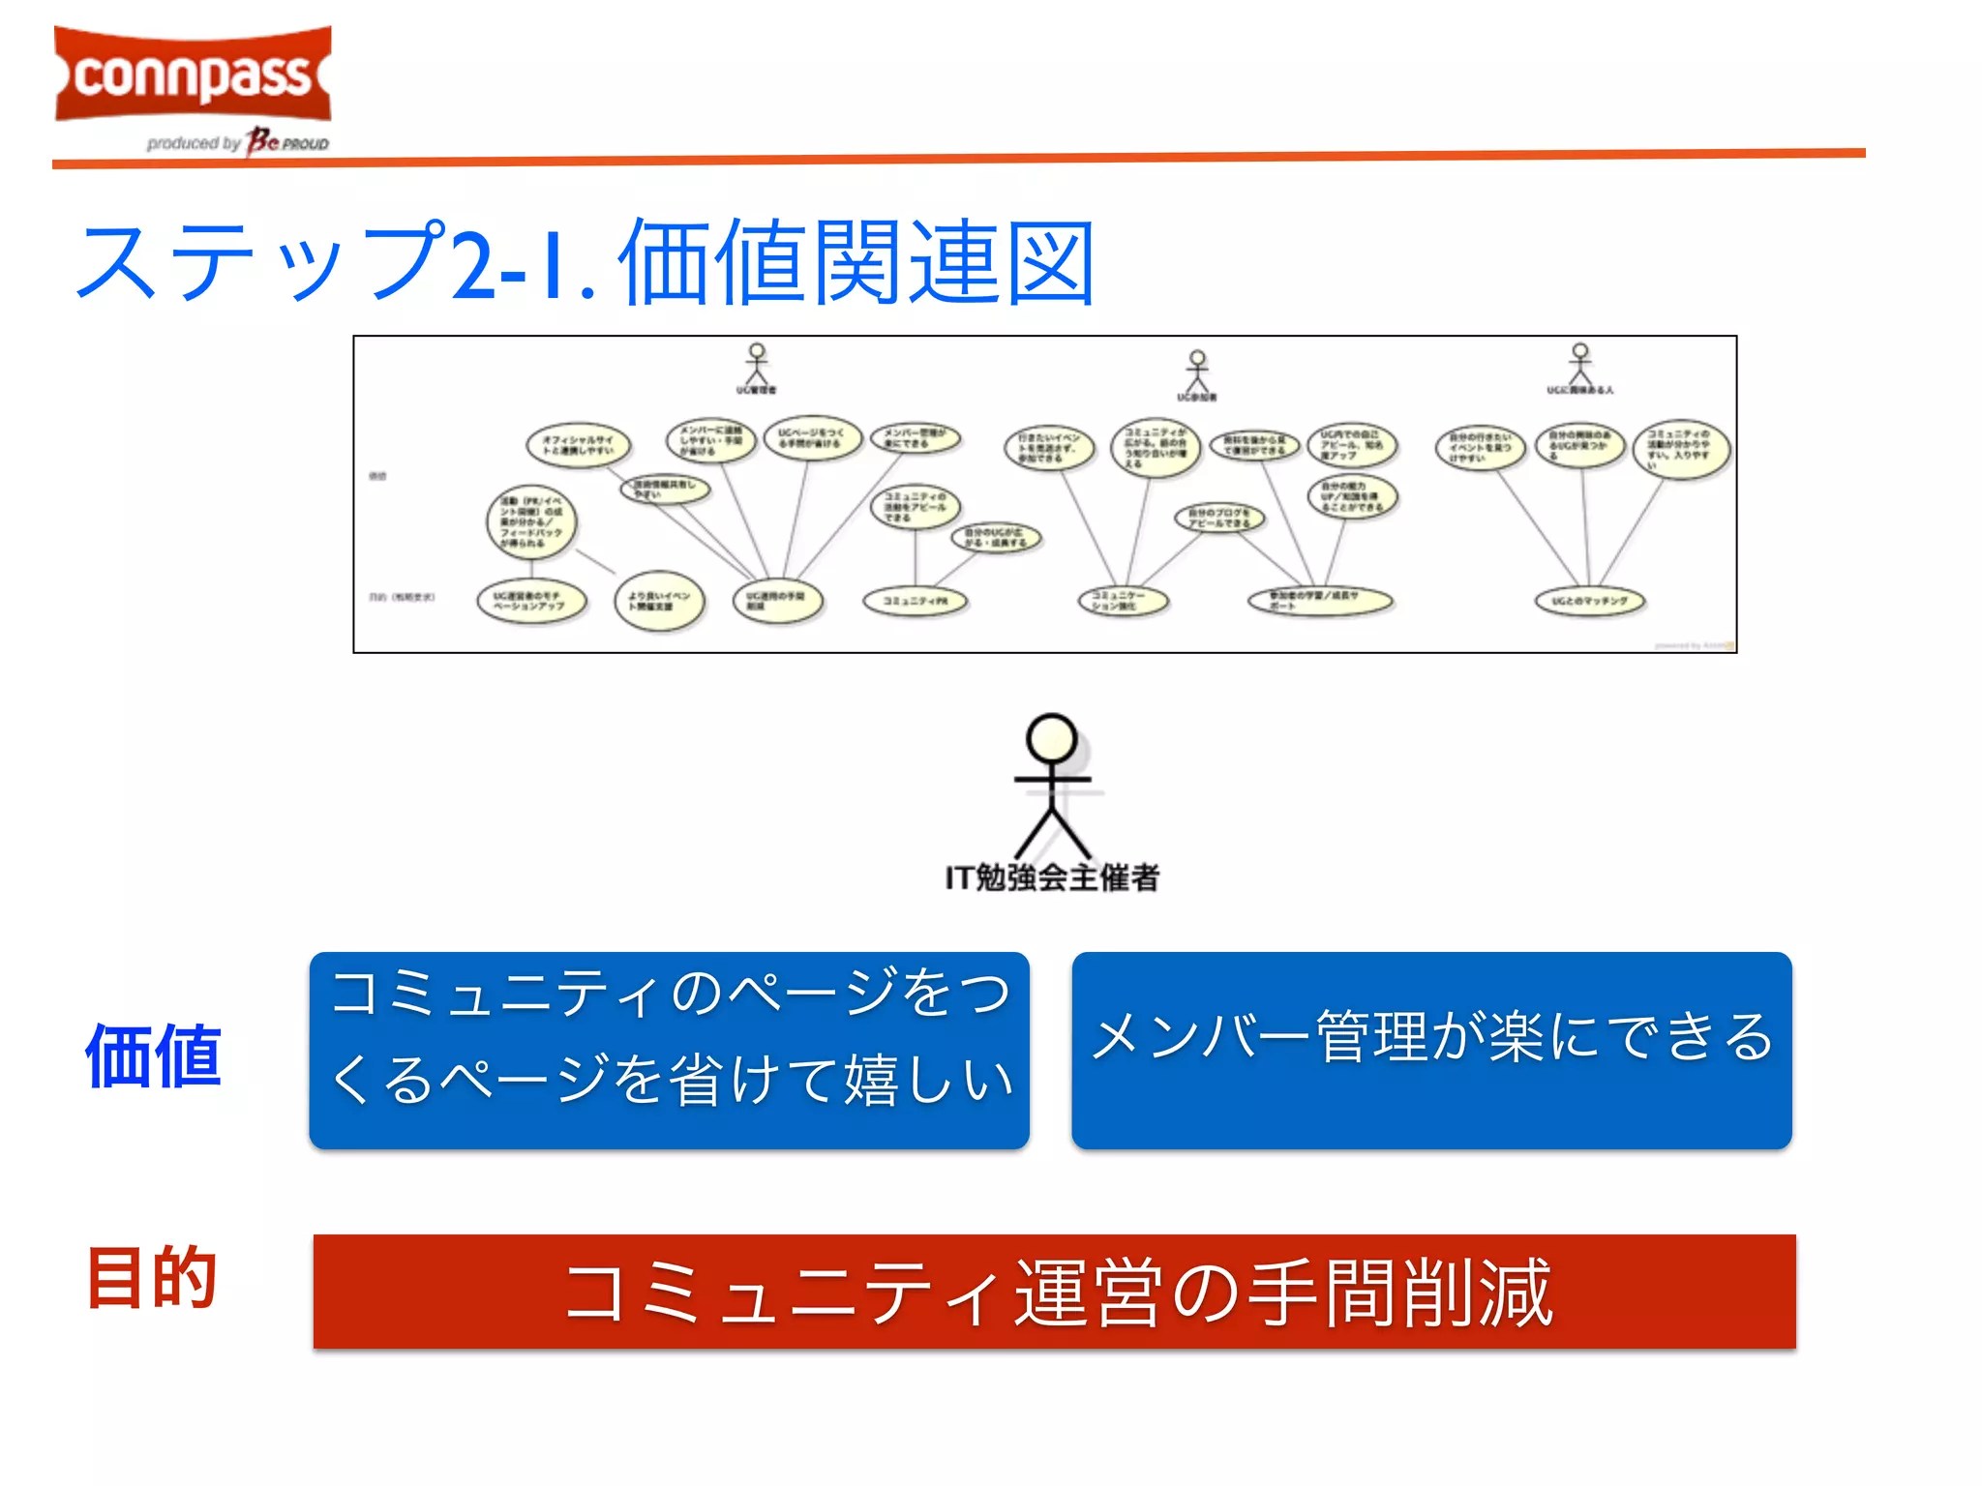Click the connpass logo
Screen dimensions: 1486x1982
[194, 75]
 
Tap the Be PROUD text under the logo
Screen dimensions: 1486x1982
[287, 142]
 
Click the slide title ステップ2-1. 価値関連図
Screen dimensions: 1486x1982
[585, 261]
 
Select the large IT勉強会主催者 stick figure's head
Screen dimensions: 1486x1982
[1051, 739]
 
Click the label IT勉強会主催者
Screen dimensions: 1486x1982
[1052, 877]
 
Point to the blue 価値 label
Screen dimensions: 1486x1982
[153, 1055]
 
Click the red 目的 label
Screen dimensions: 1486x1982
[151, 1278]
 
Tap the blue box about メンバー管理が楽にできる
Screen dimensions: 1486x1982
[1431, 1051]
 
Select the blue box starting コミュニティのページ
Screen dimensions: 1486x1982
[669, 1051]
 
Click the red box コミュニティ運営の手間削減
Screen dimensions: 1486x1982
[1054, 1292]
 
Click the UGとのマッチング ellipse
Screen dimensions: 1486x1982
[1590, 601]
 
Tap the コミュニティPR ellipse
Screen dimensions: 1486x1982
[915, 601]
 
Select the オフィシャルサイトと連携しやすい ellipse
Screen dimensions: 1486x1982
[578, 445]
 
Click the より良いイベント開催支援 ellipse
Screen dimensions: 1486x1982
[659, 601]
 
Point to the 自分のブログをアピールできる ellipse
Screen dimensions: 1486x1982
[1219, 518]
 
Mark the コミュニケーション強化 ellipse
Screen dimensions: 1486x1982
[1123, 601]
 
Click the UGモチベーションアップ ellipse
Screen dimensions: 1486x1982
[531, 601]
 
